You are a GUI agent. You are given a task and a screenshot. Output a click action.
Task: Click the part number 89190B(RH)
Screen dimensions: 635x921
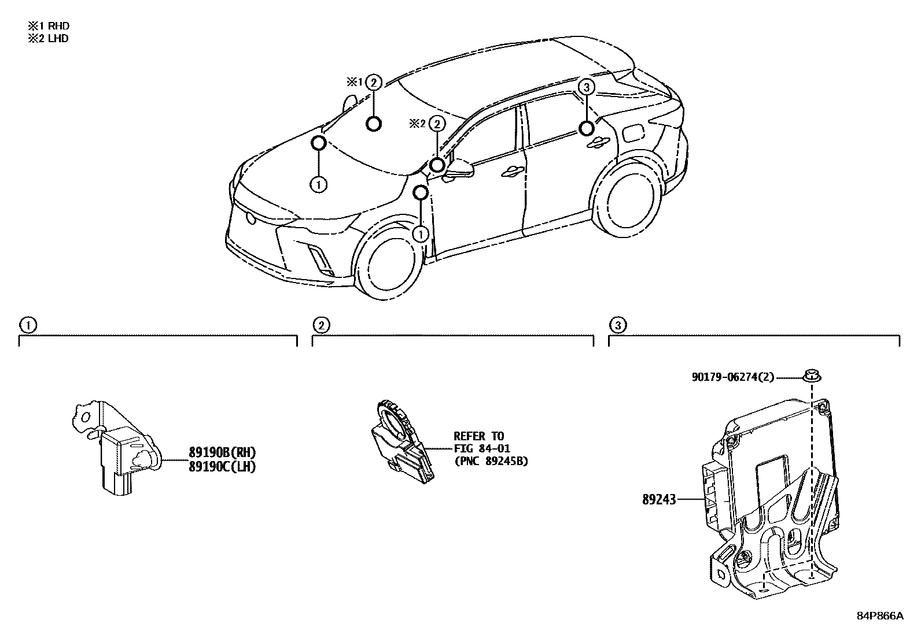pyautogui.click(x=222, y=452)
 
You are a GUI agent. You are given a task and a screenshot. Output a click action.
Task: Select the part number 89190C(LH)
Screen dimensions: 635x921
pyautogui.click(x=222, y=467)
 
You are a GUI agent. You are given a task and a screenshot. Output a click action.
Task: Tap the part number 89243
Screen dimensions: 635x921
pyautogui.click(x=658, y=499)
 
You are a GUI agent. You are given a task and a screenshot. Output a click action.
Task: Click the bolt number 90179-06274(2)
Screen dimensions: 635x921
pyautogui.click(x=732, y=377)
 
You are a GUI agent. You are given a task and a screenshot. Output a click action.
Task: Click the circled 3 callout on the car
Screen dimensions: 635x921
pyautogui.click(x=586, y=87)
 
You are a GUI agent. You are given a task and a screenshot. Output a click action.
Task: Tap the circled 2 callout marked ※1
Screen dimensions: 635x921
pyautogui.click(x=374, y=83)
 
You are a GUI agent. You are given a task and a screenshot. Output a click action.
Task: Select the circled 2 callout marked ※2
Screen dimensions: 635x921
pyautogui.click(x=437, y=123)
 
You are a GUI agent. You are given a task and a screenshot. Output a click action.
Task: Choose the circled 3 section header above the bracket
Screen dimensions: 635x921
pyautogui.click(x=618, y=325)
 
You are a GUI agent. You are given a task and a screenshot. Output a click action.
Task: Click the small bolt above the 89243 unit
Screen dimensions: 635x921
pyautogui.click(x=812, y=377)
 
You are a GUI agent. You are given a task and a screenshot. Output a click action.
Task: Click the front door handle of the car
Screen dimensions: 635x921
pyautogui.click(x=513, y=170)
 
